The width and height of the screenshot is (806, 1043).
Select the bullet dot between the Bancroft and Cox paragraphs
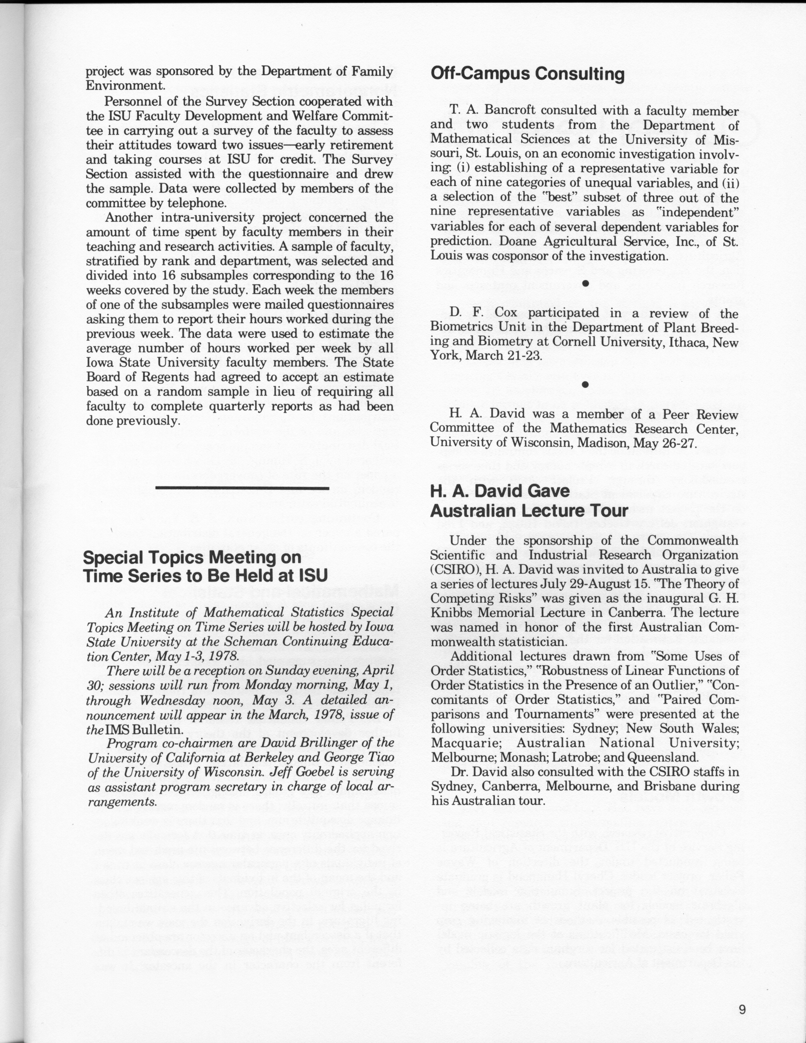coord(585,284)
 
